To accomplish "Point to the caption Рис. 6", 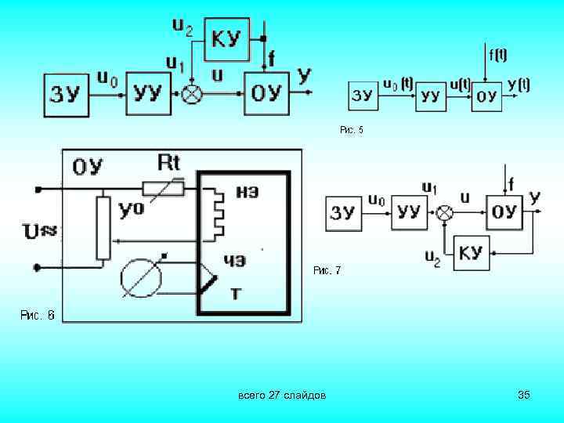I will point(37,316).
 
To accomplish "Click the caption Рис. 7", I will point(327,271).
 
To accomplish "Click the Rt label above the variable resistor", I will point(168,163).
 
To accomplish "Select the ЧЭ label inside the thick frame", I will point(235,261).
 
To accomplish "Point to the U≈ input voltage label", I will point(42,231).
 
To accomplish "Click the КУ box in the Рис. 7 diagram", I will point(470,252).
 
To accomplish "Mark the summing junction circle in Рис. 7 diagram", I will point(446,211).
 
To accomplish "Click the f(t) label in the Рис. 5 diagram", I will point(497,56).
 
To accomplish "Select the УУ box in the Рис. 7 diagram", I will point(410,211).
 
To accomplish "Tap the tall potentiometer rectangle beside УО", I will point(103,227).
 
